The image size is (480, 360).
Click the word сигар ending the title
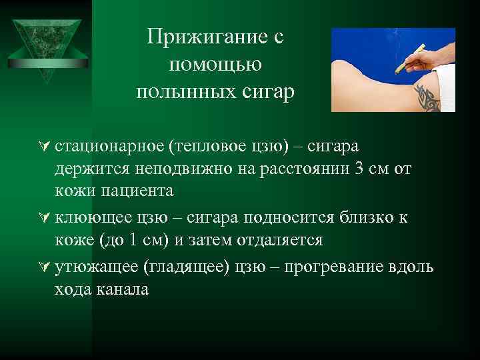pos(265,91)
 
